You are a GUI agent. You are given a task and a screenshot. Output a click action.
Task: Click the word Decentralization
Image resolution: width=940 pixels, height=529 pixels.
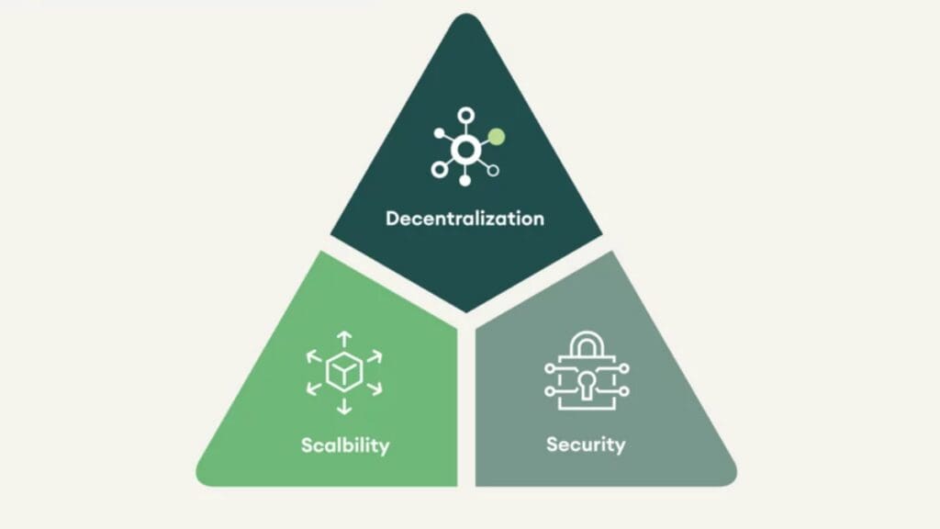464,219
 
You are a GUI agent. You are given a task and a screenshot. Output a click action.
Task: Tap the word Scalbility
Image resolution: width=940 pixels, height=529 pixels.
345,445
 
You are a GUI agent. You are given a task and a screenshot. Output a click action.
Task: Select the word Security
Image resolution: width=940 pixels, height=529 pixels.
586,445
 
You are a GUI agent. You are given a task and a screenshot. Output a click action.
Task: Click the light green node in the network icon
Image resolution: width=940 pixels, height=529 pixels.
497,137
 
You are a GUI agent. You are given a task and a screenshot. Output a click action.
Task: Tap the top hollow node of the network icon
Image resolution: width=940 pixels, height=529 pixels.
465,115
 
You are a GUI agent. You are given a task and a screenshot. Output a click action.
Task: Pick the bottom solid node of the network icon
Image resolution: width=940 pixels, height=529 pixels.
464,180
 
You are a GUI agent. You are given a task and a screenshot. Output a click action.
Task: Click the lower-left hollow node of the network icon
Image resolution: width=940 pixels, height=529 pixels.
440,170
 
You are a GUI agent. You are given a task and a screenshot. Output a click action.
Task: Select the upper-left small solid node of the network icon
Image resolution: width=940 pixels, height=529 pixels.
440,133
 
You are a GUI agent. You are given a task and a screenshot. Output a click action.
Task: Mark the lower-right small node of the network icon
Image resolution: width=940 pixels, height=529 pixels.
493,171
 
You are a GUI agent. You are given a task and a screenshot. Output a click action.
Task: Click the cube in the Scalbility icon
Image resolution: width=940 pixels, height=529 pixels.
344,372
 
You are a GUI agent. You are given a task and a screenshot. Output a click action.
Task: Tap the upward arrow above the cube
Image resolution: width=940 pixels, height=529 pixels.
344,339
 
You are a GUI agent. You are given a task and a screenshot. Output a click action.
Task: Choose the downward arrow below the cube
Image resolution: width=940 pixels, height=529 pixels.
344,406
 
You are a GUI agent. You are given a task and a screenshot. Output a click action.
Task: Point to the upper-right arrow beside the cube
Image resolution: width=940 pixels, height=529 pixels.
375,357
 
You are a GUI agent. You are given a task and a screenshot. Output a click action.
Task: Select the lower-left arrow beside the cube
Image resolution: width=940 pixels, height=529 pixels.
314,388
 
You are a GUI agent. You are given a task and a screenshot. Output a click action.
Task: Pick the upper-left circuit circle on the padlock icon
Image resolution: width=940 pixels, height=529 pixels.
550,368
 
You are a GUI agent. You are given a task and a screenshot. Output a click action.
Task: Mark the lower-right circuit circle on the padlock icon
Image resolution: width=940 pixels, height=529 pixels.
624,391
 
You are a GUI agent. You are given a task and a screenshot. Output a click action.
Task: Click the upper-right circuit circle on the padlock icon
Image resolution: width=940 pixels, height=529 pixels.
624,368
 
